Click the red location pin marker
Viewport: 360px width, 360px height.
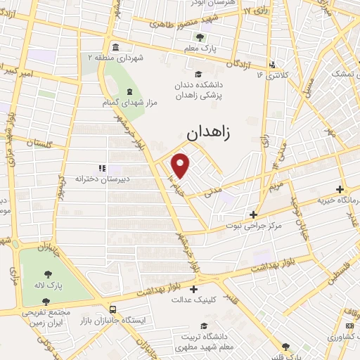[x=181, y=165]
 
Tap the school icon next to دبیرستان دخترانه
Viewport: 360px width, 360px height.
[x=101, y=168]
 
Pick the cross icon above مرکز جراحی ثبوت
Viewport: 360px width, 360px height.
[x=254, y=214]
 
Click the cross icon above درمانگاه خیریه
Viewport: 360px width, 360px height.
[x=340, y=189]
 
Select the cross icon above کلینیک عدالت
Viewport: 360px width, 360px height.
[x=193, y=288]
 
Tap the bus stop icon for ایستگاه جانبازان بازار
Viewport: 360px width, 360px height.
[x=113, y=308]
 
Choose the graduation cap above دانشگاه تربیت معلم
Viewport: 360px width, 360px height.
[x=204, y=326]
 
